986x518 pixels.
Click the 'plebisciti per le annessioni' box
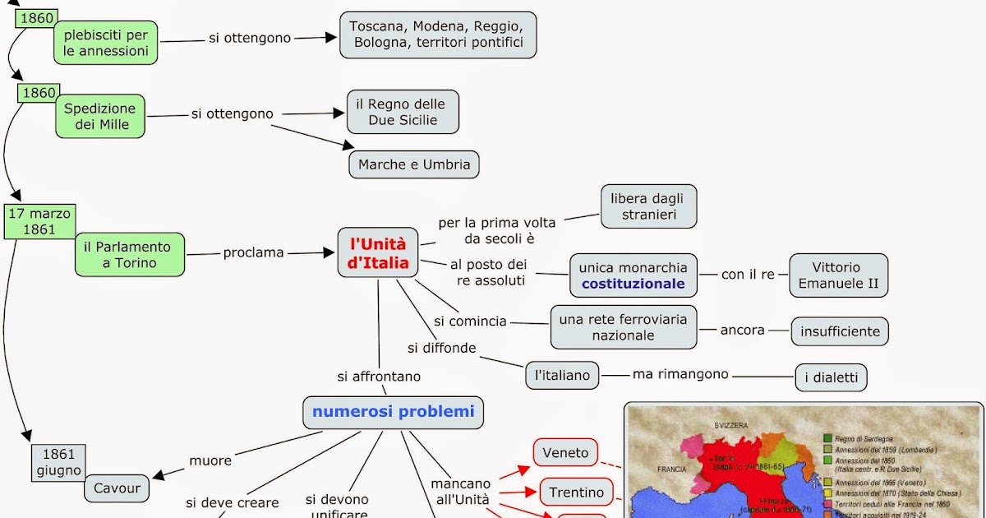point(106,43)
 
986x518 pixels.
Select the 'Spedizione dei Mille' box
point(100,116)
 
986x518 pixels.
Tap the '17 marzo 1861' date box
point(39,222)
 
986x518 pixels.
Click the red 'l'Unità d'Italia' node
point(378,253)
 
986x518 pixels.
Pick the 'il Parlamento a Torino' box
point(130,255)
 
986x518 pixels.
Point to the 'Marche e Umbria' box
point(414,164)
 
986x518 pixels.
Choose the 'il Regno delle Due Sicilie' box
point(403,113)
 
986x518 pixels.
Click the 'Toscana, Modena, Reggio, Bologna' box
point(438,35)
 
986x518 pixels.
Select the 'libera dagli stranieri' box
point(649,206)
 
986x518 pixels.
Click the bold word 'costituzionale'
point(633,284)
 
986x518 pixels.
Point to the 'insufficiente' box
point(840,331)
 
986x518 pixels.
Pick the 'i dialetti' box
point(831,377)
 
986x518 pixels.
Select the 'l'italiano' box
point(562,375)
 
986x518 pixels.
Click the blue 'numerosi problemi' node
point(393,412)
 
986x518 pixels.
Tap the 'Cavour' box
point(117,488)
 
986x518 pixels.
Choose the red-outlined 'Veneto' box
point(566,452)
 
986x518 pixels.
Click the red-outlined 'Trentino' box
point(576,492)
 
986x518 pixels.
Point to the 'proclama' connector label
point(253,252)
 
